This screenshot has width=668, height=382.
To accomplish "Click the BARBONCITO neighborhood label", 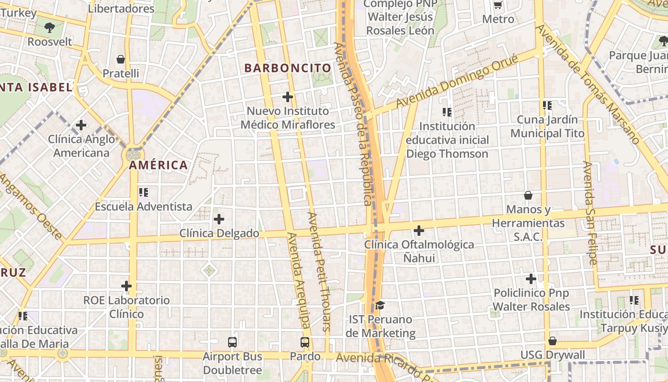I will [x=288, y=68].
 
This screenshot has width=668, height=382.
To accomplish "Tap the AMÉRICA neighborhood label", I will [x=158, y=165].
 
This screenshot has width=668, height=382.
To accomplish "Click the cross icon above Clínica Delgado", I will [x=219, y=220].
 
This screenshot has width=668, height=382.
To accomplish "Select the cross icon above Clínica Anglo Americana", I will [x=81, y=126].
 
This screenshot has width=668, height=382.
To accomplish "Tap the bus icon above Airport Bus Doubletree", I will [x=232, y=342].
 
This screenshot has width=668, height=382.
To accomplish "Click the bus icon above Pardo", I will [x=305, y=342].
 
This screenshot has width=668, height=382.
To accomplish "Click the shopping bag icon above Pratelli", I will [x=121, y=59].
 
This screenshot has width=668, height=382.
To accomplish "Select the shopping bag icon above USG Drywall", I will [x=552, y=341].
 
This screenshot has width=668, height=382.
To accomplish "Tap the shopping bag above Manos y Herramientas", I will [x=528, y=195].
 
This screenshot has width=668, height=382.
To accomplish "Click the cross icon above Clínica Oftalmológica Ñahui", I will [x=419, y=231].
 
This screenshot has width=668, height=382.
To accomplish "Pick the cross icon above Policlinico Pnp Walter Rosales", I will [x=531, y=279].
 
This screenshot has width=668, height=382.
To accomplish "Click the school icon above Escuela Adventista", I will [x=143, y=192].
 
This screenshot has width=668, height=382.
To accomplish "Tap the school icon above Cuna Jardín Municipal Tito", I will [x=547, y=106].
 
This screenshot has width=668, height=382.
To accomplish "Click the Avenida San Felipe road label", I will [x=590, y=213].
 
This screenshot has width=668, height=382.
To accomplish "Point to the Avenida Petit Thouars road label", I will [x=319, y=271].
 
